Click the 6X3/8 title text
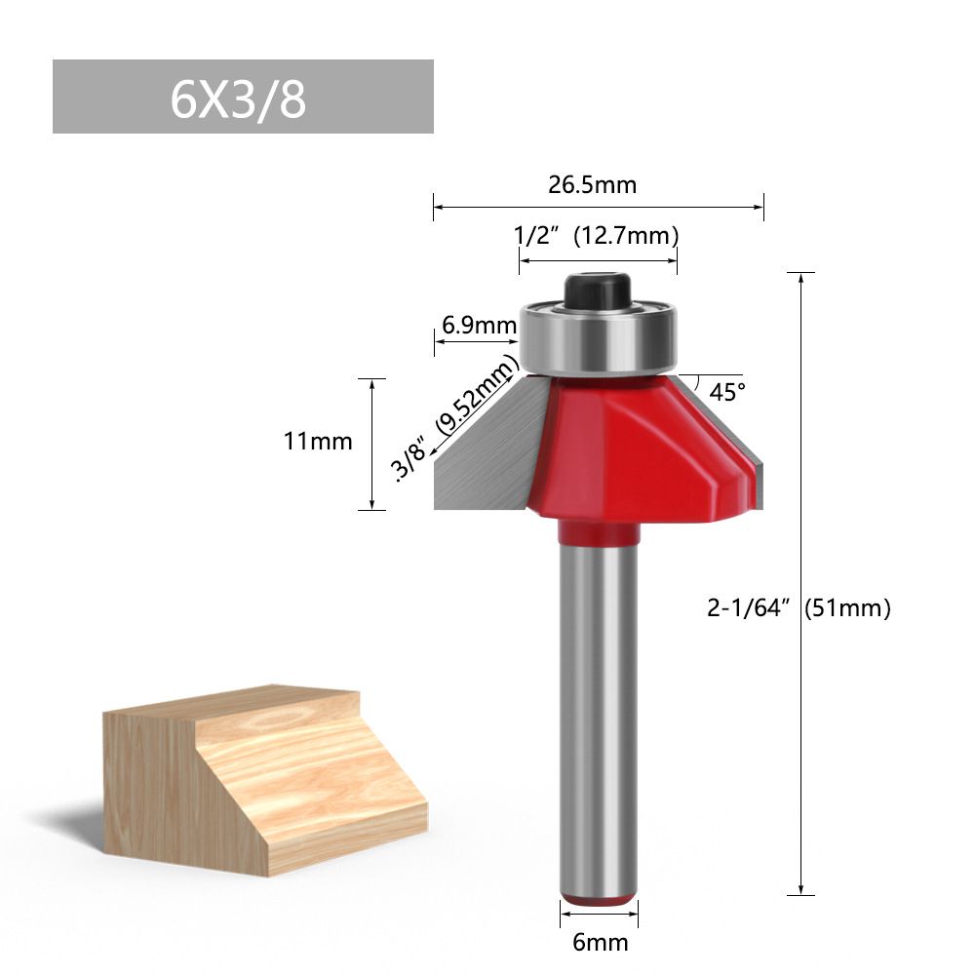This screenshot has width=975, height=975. pos(238,99)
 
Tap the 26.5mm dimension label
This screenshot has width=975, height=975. pos(592,184)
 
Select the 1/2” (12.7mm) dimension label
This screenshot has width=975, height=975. pos(596,236)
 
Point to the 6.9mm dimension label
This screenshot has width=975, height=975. pos(479,325)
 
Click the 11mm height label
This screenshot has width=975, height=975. pos(318,442)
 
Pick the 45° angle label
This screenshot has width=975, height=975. pos(727,392)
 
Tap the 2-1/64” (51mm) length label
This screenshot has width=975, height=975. pos(799,606)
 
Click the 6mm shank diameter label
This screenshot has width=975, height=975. pos(600,942)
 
